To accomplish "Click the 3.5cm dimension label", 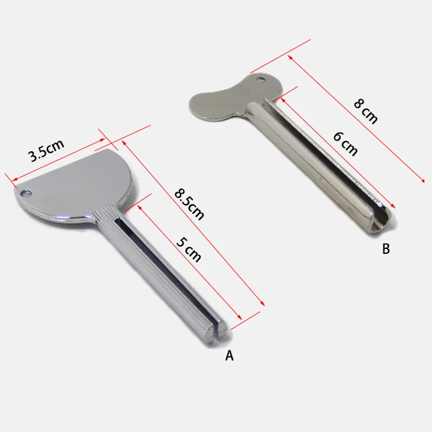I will coord(46,151).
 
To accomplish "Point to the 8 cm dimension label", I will coord(366,111).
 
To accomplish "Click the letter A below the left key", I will coord(229,355).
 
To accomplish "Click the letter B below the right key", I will coord(386,249).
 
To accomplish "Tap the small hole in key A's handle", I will coord(24,193).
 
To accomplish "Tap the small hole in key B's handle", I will coord(262,81).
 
